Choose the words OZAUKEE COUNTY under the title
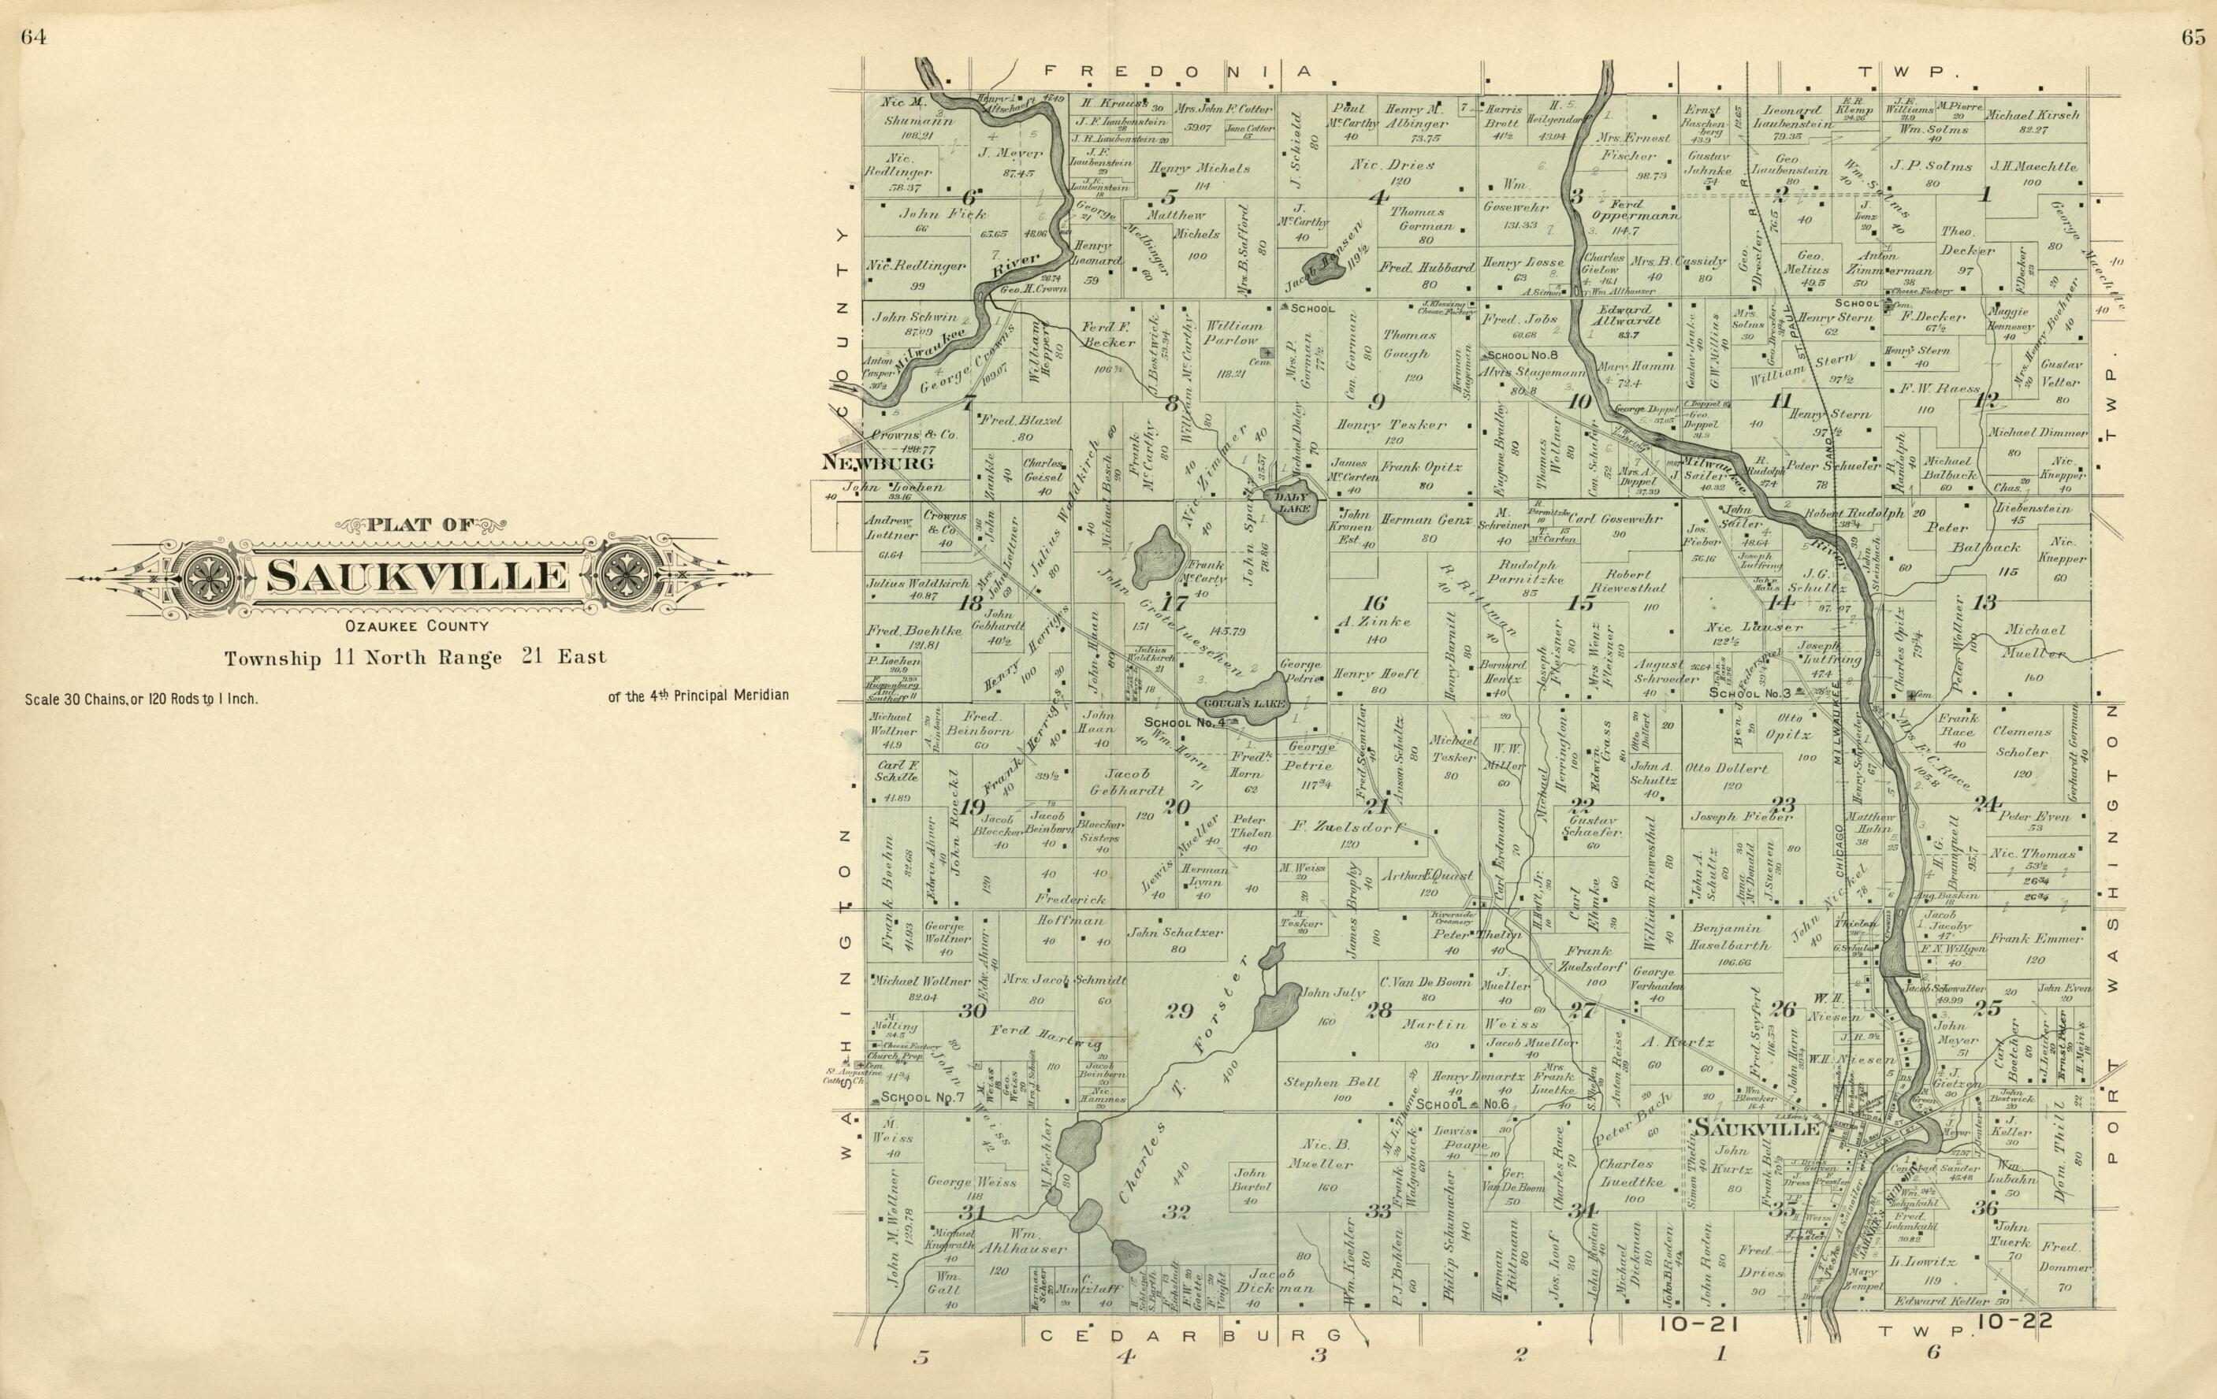(x=416, y=627)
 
